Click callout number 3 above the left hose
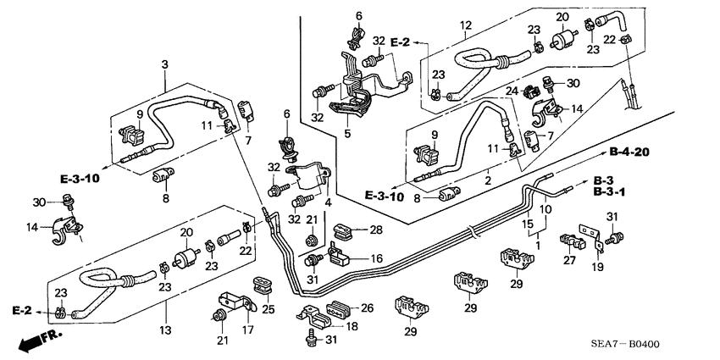pos(164,64)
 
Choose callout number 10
pos(546,208)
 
